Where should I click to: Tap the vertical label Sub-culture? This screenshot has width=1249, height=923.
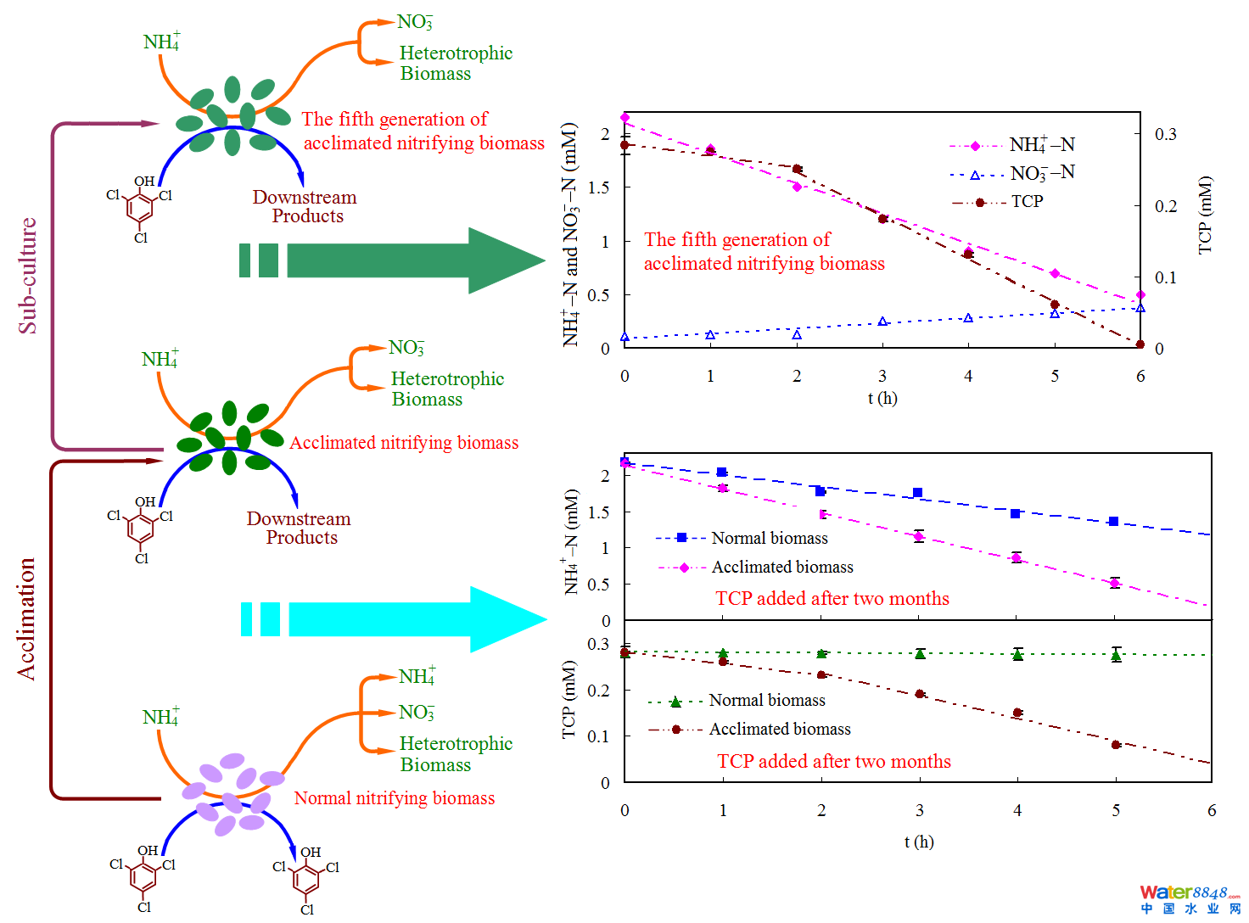(x=28, y=276)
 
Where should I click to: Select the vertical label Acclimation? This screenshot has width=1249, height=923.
(x=27, y=618)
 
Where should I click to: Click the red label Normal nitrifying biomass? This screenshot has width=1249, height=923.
(x=394, y=798)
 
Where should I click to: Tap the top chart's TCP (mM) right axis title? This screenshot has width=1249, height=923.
(x=1205, y=215)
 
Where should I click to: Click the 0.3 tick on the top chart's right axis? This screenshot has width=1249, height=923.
(x=1166, y=134)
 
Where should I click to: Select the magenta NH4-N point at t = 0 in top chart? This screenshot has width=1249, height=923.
(x=625, y=118)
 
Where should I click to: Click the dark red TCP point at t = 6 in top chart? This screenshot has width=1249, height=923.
(x=1140, y=344)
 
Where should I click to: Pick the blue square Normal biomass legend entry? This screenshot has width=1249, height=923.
(x=769, y=538)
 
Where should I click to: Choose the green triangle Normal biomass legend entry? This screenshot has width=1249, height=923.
(x=766, y=701)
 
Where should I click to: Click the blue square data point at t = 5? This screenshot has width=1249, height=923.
(x=1114, y=522)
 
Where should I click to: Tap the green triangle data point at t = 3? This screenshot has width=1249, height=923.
(x=920, y=653)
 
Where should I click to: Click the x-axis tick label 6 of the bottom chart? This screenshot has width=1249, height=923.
(x=1212, y=810)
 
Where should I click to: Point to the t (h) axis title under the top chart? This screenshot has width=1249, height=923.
(x=882, y=398)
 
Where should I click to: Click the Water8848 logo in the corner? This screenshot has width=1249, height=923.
(x=1189, y=898)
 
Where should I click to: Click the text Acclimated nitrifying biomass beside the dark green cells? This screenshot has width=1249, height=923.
(x=404, y=443)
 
